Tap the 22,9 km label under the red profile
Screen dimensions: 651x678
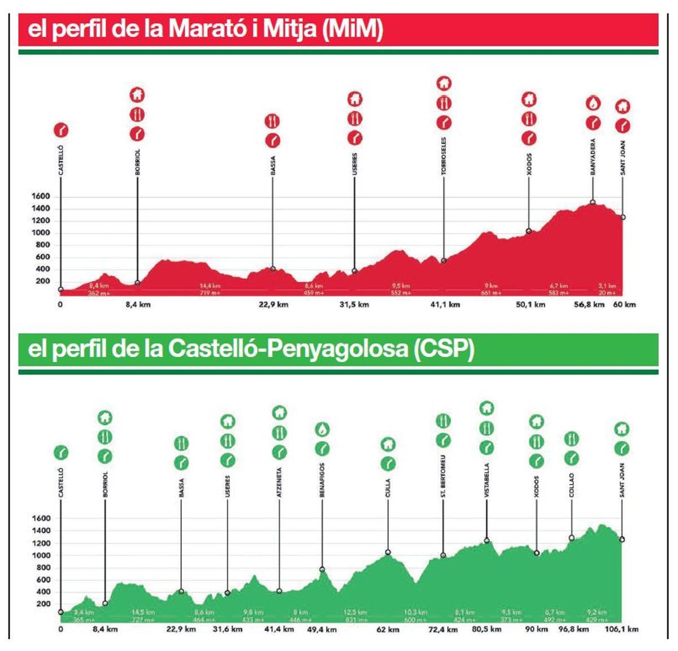click(273, 305)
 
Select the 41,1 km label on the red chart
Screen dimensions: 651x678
click(445, 305)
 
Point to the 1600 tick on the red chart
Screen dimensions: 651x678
click(41, 196)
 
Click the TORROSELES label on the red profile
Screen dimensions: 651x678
click(444, 156)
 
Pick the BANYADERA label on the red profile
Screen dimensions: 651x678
click(593, 157)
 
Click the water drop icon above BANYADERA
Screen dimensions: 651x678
click(593, 104)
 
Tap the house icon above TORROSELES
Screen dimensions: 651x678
click(444, 84)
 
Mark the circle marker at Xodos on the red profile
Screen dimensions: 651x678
click(529, 231)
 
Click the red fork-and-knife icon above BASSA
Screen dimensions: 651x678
click(273, 121)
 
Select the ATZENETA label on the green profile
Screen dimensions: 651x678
click(279, 482)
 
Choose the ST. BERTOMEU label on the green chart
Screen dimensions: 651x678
click(443, 476)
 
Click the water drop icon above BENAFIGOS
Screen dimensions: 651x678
click(322, 430)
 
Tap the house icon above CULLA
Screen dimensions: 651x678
click(388, 445)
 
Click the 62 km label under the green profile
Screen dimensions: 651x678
click(388, 629)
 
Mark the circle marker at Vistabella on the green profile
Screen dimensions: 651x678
click(486, 541)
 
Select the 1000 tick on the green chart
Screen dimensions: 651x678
click(41, 555)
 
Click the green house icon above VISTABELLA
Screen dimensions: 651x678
click(486, 408)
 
